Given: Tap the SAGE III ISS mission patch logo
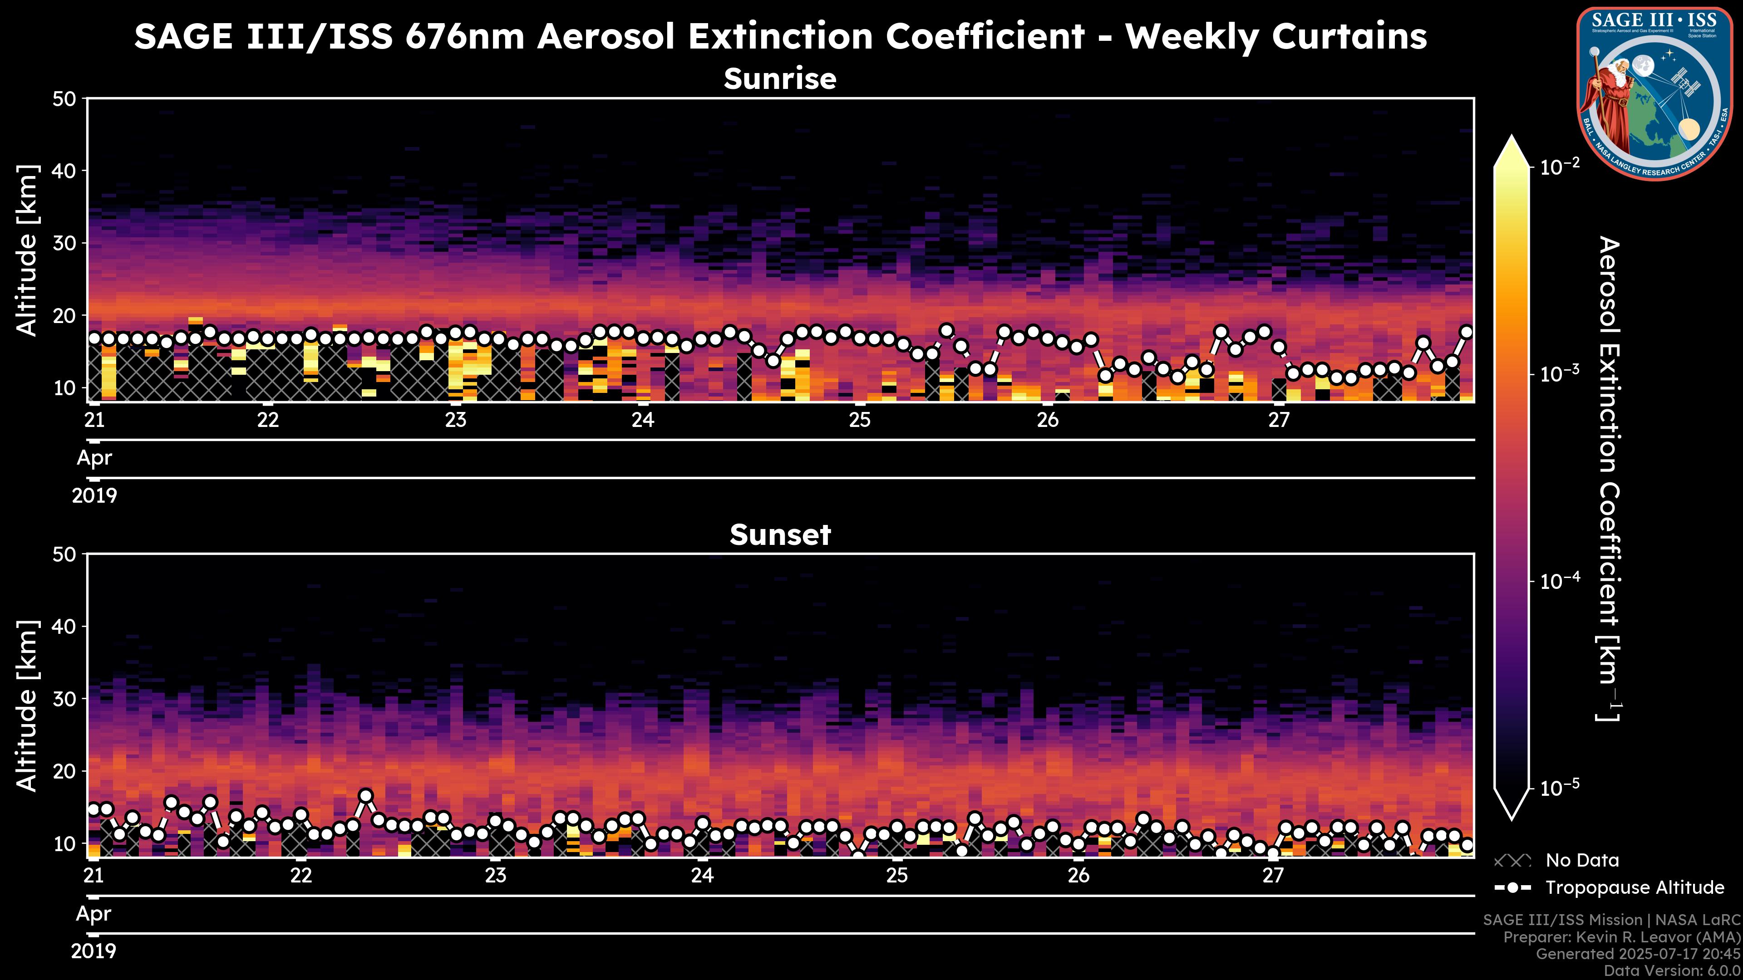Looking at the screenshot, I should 1654,93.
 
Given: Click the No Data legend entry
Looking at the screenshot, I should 1582,860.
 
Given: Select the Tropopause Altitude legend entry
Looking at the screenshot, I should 1634,887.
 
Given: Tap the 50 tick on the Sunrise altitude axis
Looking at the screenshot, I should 66,99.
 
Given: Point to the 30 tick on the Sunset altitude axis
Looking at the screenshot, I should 66,699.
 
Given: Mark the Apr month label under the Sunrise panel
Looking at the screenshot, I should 94,458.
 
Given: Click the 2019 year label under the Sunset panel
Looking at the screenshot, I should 94,951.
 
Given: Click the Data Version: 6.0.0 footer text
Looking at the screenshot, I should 1673,971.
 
